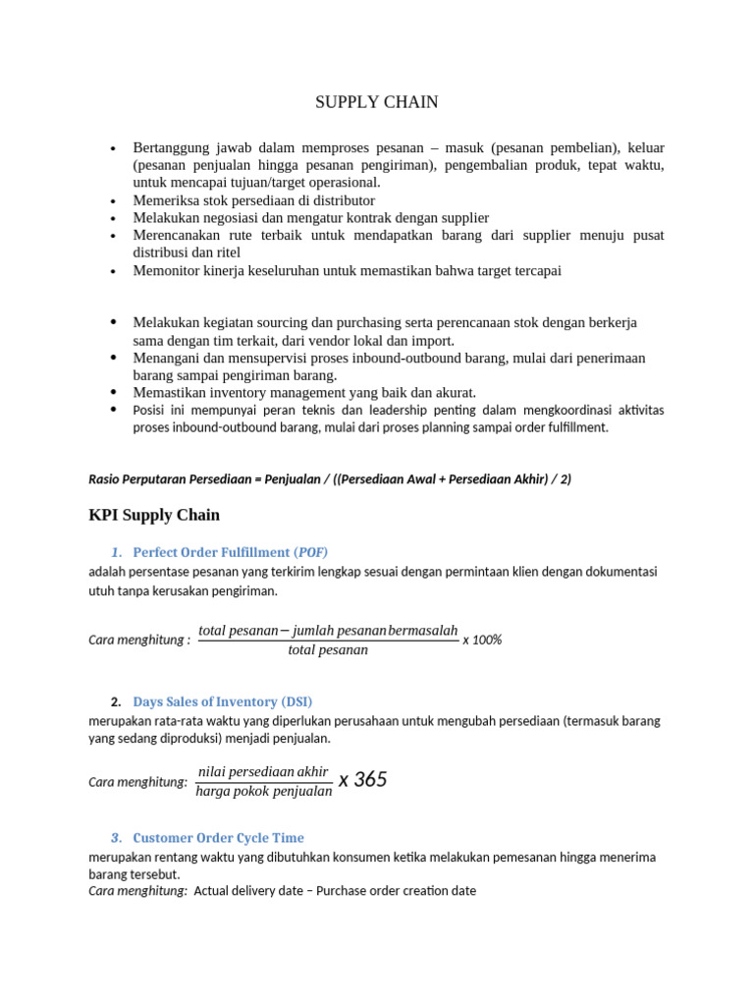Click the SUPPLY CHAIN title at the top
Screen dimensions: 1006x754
coord(376,102)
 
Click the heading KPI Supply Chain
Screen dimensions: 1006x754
coord(154,515)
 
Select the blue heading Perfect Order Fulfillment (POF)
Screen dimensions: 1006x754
coord(237,552)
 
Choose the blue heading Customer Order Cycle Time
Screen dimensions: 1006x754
coord(218,838)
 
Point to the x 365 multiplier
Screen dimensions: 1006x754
coord(363,780)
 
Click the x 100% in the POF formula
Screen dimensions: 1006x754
coord(482,640)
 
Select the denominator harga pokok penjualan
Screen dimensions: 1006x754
coord(264,792)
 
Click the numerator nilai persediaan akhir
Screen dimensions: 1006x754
coord(263,771)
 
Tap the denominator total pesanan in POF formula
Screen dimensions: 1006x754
coord(328,650)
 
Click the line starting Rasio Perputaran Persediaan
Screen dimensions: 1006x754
coord(330,478)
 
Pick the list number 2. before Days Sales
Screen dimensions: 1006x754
coord(116,701)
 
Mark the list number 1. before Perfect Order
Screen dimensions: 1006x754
coord(116,552)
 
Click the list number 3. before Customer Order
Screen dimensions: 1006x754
coord(116,838)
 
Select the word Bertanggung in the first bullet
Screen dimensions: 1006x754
coord(170,147)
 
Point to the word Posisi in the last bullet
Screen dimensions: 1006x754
coord(152,410)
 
